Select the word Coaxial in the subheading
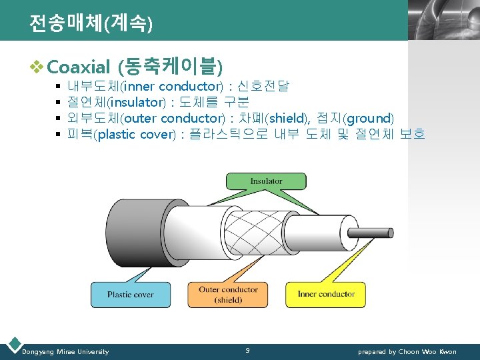79,67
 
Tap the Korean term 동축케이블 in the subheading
169,66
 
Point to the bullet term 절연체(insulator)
116,102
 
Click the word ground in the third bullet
367,118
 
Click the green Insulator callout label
266,181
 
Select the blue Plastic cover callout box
130,294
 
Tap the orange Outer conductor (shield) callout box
228,294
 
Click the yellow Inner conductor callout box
326,294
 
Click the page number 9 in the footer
247,350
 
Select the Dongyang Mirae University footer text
65,351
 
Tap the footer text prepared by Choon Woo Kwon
407,351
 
